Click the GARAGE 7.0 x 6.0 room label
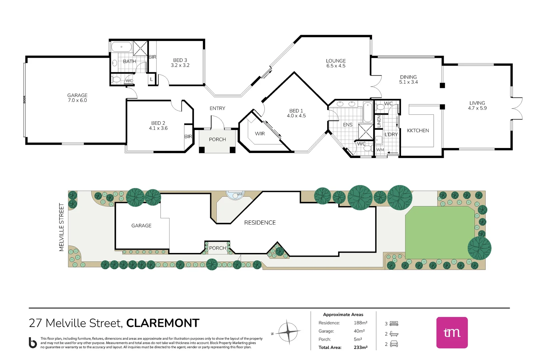pos(77,98)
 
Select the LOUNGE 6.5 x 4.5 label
pos(336,63)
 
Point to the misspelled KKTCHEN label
pos(418,131)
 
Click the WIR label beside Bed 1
pos(260,134)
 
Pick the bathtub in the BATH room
pos(122,47)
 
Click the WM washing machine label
pos(380,150)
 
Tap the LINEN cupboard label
pos(379,121)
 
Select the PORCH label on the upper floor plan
pos(217,140)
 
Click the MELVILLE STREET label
pos(61,227)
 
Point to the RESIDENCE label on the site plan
pos(260,223)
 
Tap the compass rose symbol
pos(288,332)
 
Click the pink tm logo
pos(452,332)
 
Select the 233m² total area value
pos(360,347)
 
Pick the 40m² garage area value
pos(359,331)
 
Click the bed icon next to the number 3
pos(394,324)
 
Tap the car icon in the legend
pos(394,344)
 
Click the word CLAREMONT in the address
pos(163,323)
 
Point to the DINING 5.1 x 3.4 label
pos(408,79)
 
